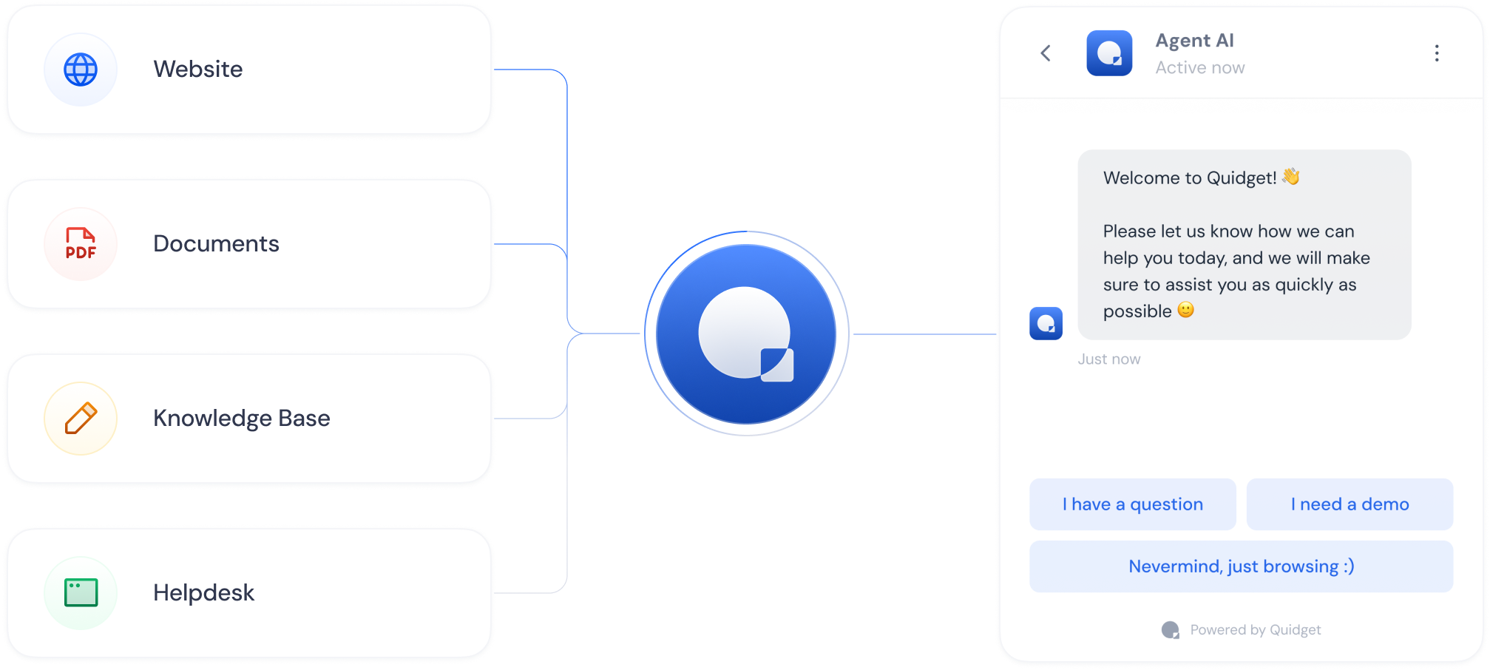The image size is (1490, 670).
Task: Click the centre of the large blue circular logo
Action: pos(746,334)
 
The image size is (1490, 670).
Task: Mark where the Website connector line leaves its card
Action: pos(494,70)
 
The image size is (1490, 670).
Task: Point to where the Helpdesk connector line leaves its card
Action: pos(494,592)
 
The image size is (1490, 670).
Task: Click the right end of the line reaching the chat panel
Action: pos(996,334)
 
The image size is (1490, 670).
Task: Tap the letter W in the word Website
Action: pos(164,69)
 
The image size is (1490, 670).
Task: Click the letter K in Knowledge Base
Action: pos(160,418)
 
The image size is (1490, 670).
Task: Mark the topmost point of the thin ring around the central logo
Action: pos(747,231)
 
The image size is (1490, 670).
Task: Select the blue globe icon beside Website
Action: pos(81,70)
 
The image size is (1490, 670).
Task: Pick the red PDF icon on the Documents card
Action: pos(81,243)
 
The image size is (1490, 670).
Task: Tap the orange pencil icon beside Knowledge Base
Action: pos(81,418)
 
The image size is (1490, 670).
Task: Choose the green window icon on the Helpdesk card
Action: pos(81,592)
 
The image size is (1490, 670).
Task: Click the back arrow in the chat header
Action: pos(1046,53)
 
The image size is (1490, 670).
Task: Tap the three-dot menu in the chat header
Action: pos(1437,53)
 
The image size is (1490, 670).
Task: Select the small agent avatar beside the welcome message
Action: pos(1046,323)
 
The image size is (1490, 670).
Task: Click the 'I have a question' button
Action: pos(1133,504)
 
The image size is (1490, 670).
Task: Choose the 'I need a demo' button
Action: pos(1350,504)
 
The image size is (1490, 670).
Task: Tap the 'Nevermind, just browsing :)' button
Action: pos(1242,566)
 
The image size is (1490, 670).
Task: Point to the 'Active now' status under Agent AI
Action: pos(1200,68)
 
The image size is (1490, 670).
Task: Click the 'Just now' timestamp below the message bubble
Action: pos(1109,359)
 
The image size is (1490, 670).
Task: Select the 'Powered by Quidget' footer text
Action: pos(1256,630)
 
